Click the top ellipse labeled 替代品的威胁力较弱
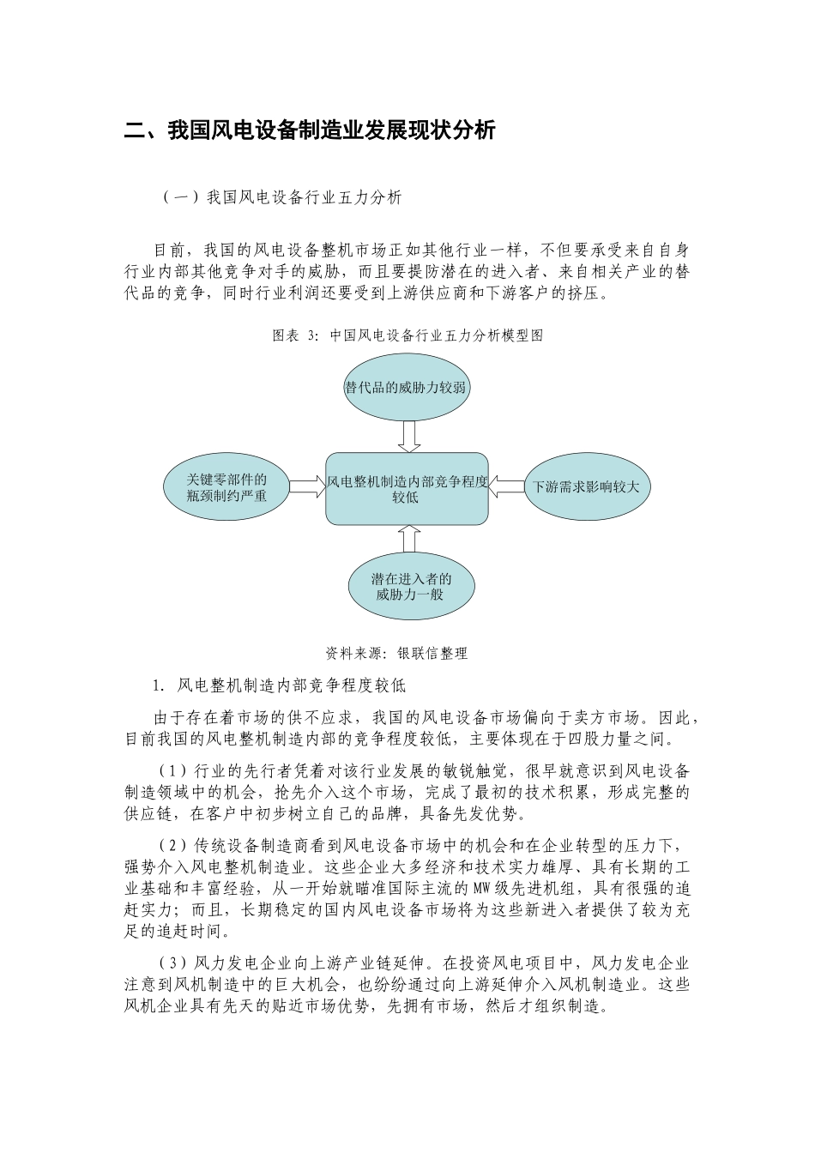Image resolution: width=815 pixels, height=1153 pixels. tap(407, 387)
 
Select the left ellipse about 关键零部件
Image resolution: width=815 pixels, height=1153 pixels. tap(227, 487)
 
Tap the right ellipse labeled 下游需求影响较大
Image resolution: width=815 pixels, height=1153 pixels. tap(587, 487)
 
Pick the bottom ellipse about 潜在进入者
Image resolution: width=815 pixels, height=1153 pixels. tap(411, 587)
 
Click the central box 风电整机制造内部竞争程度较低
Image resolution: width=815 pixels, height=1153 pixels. tap(407, 489)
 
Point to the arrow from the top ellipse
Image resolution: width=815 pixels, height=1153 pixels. tap(409, 436)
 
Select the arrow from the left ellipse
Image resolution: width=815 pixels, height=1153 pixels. tap(307, 486)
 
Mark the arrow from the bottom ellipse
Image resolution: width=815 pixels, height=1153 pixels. tap(409, 539)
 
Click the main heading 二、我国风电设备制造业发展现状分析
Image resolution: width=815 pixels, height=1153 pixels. tap(310, 130)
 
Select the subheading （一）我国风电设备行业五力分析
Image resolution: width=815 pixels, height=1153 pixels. tap(281, 197)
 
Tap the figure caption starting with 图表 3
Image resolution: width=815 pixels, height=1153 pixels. tap(407, 335)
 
